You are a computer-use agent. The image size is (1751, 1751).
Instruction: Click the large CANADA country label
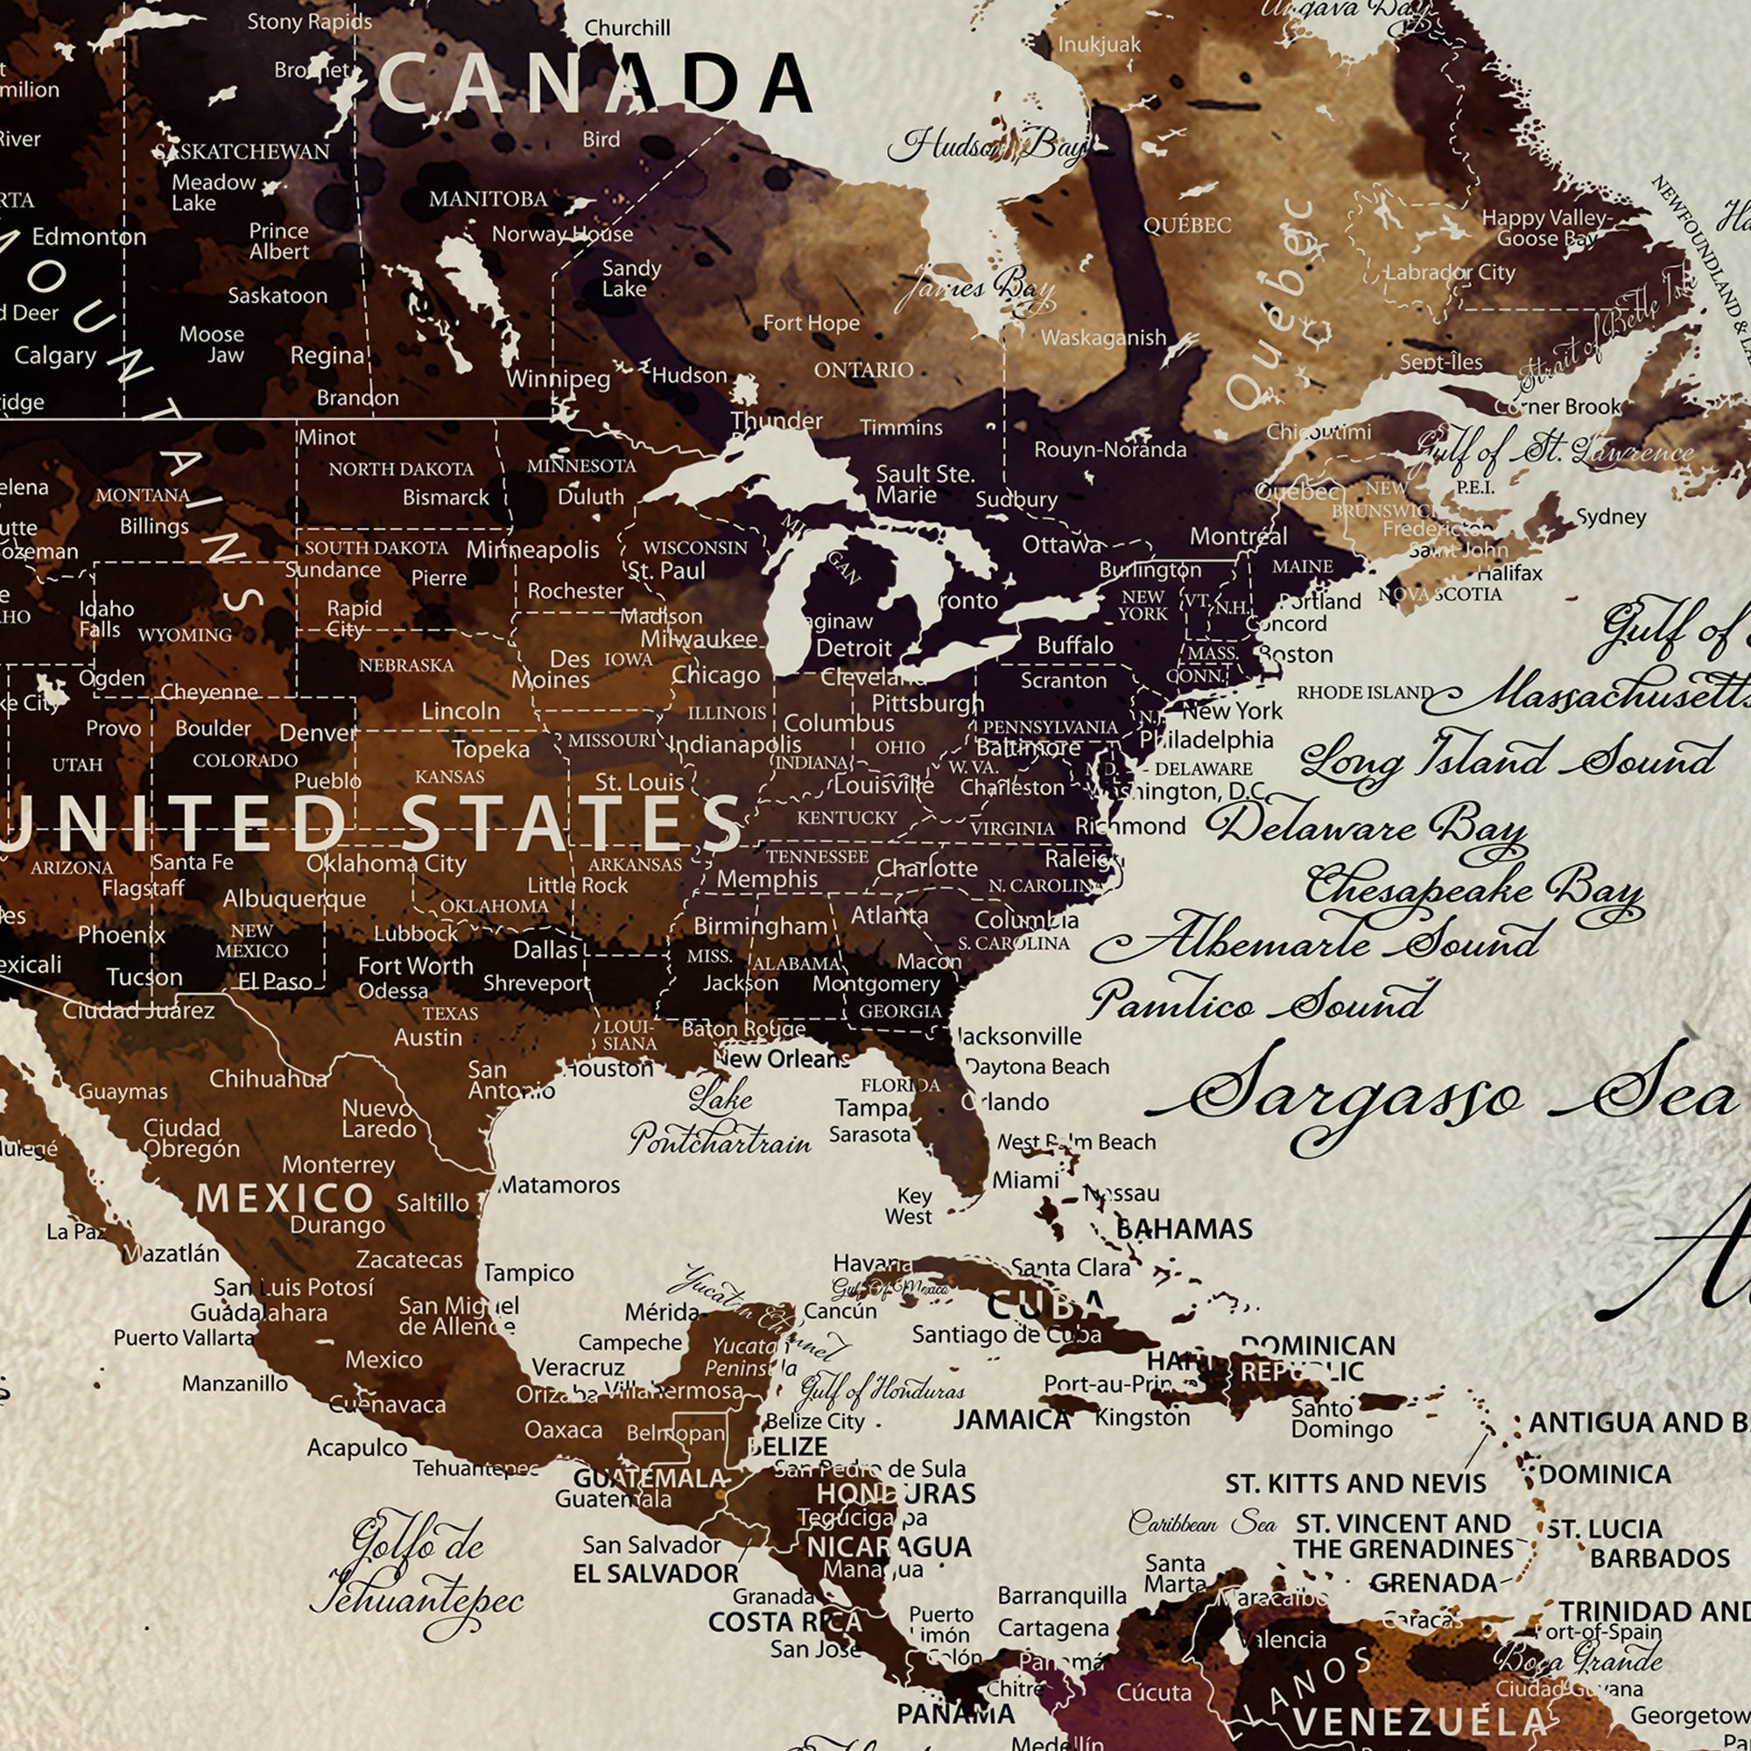[594, 83]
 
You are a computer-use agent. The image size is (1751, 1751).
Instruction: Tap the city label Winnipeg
[558, 378]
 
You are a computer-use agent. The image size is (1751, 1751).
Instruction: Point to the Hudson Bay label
[988, 145]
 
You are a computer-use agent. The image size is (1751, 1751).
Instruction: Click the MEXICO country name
[285, 1199]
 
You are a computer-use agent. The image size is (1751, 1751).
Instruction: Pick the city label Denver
[318, 732]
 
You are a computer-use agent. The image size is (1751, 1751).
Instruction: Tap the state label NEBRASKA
[406, 665]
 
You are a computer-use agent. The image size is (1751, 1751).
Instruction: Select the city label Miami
[1025, 1180]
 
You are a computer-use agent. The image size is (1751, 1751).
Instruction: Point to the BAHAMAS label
[1184, 1229]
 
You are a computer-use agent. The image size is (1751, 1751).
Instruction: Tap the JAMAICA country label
[1011, 1419]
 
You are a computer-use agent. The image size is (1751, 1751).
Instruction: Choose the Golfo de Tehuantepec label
[417, 1575]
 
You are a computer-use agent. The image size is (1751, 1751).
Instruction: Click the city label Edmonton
[88, 237]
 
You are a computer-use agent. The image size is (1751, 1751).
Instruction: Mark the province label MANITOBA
[488, 199]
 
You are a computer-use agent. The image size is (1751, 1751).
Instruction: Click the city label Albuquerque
[294, 898]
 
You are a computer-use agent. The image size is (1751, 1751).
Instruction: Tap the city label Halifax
[1509, 573]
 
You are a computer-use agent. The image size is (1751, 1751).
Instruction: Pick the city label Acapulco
[356, 1447]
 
